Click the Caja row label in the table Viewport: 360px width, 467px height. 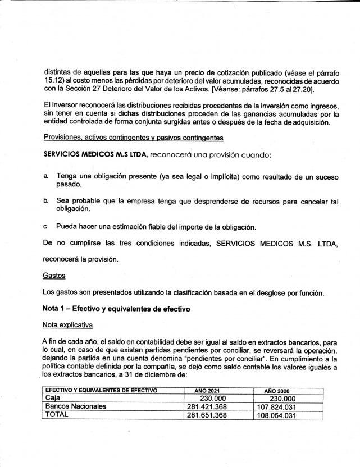click(x=54, y=397)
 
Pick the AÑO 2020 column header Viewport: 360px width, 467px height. click(x=279, y=390)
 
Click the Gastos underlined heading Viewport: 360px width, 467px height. click(x=54, y=276)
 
